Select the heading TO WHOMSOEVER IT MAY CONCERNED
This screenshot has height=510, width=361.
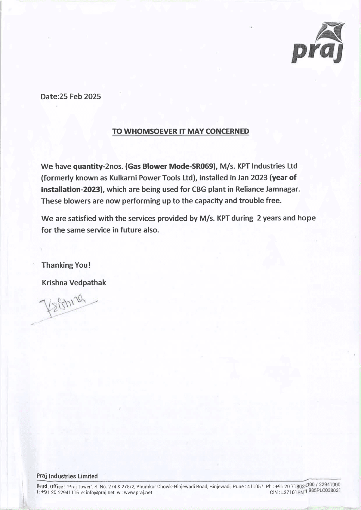pos(180,131)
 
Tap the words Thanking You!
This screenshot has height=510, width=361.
pos(66,265)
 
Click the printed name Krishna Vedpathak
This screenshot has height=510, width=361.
pos(74,283)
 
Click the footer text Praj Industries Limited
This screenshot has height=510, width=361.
pos(67,476)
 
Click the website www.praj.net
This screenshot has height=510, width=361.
pos(138,493)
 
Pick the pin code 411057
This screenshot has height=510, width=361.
pos(255,486)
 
